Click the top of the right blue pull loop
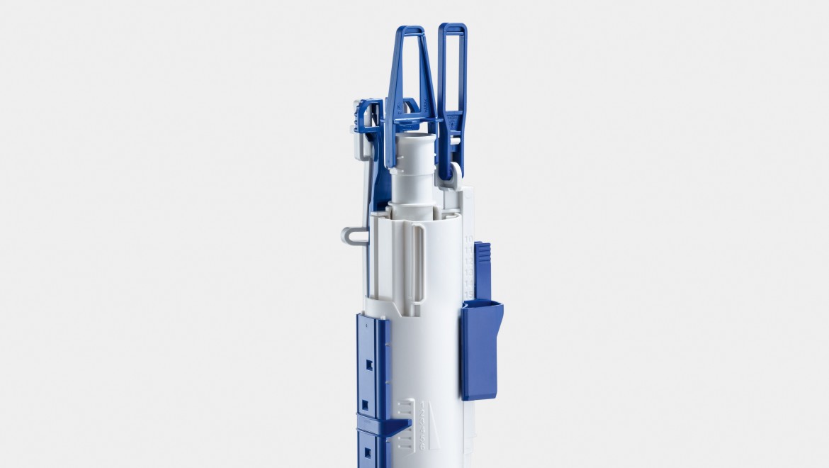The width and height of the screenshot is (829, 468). pyautogui.click(x=452, y=27)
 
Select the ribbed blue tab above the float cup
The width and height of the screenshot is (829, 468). pyautogui.click(x=482, y=269)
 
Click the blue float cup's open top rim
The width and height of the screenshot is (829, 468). pyautogui.click(x=482, y=306)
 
